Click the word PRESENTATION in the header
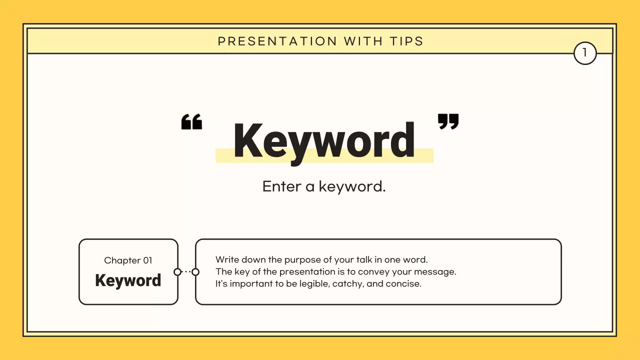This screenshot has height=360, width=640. [x=277, y=41]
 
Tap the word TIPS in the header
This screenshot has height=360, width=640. [x=406, y=41]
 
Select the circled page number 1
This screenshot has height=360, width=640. [x=585, y=53]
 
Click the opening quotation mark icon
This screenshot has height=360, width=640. [x=191, y=121]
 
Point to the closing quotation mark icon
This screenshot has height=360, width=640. [x=448, y=121]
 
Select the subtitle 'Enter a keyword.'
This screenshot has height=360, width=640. [x=324, y=186]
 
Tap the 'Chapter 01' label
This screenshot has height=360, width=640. [x=128, y=260]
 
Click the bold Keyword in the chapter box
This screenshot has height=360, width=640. [x=128, y=280]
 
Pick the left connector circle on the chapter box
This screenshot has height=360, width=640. [x=177, y=272]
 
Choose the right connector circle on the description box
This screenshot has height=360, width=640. [x=195, y=272]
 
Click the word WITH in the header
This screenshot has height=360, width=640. [x=363, y=41]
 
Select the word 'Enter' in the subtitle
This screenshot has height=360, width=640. [x=281, y=186]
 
